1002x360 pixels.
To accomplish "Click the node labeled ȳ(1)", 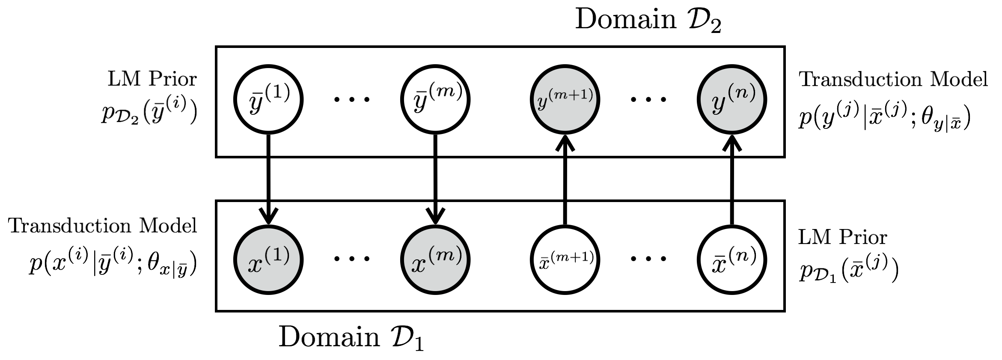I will coord(268,99).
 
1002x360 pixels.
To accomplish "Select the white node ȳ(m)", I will coord(435,99).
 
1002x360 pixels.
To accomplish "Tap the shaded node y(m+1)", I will coord(565,99).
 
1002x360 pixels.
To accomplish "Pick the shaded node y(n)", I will coord(731,99).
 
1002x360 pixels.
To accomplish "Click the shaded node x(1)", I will coord(268,259).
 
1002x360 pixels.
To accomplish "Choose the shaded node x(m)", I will coord(435,259).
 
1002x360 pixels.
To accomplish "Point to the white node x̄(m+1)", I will coord(565,259).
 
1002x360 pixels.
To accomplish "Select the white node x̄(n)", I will coord(731,259).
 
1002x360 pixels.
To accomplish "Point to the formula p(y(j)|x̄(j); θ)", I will coord(884,117).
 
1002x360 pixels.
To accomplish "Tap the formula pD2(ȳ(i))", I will coord(149,112).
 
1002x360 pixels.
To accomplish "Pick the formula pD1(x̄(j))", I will coord(848,271).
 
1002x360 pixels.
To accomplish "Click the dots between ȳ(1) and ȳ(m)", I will coord(351,100).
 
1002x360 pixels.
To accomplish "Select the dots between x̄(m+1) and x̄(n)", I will coord(648,259).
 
